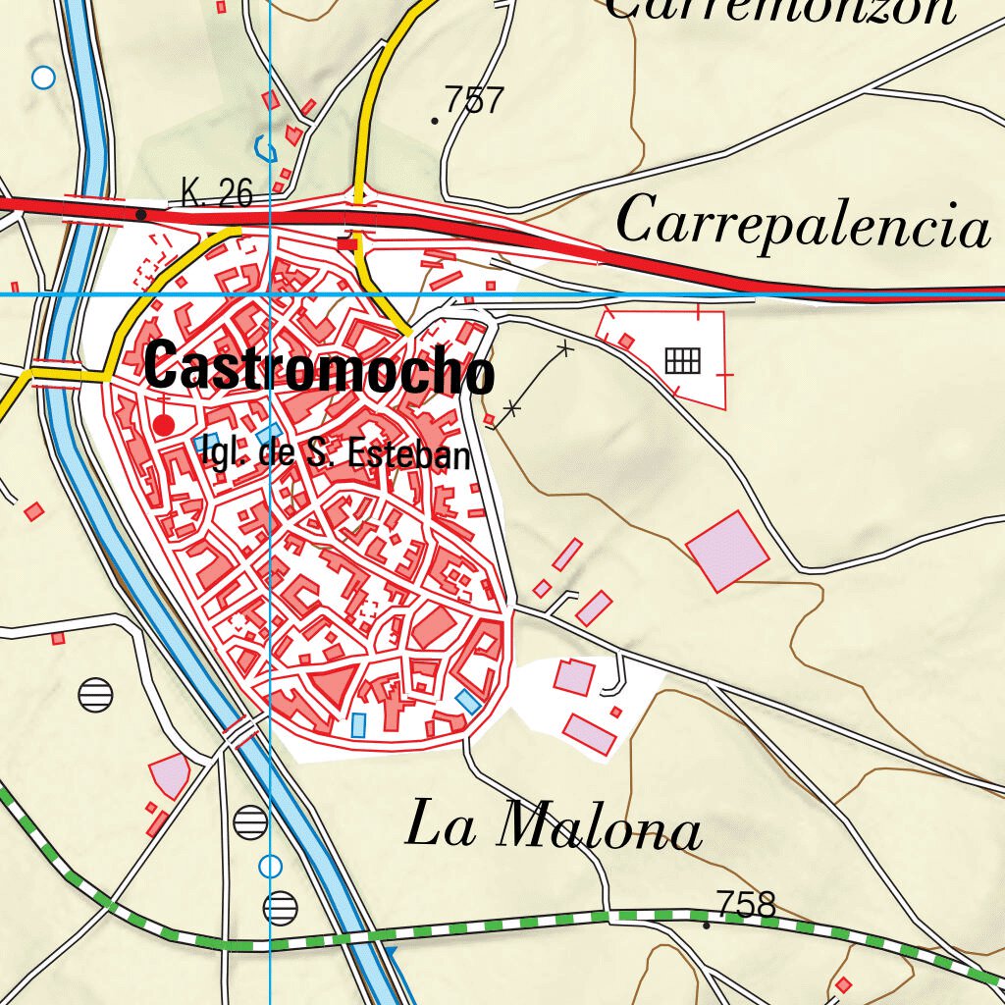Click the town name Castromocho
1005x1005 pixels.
[x=318, y=368]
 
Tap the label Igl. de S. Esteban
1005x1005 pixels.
[x=334, y=453]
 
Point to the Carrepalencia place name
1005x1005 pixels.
[x=802, y=223]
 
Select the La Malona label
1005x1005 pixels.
[x=554, y=826]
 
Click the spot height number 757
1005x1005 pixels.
[x=474, y=100]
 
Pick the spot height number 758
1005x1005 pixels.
[x=746, y=904]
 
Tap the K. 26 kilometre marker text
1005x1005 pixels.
[x=217, y=193]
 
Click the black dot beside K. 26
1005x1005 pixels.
[x=141, y=214]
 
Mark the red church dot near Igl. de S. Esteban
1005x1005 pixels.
[x=164, y=425]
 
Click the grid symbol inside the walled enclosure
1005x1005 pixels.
[x=683, y=361]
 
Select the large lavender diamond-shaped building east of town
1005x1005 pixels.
[x=727, y=551]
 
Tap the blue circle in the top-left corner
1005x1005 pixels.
[x=43, y=78]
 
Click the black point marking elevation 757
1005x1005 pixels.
[x=435, y=121]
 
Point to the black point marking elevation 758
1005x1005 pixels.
[x=707, y=925]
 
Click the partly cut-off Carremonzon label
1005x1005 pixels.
[x=779, y=10]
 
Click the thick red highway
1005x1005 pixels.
[x=687, y=276]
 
